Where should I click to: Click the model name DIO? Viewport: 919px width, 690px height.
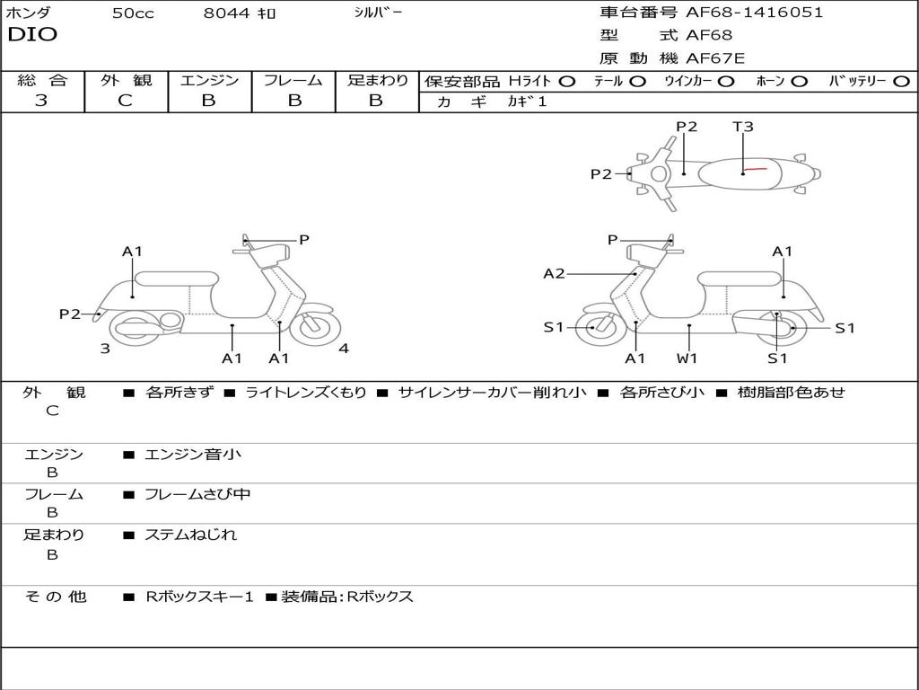32,35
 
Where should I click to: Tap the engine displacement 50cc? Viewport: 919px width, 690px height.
133,13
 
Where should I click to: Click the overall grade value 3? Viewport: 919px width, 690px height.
41,101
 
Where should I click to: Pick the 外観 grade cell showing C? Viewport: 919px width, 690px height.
126,101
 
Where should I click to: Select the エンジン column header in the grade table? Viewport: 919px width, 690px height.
209,80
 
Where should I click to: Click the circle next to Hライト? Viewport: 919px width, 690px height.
567,81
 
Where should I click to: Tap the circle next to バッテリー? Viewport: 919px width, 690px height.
901,81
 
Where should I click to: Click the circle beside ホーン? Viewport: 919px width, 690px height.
799,81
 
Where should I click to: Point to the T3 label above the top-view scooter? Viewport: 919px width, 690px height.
743,127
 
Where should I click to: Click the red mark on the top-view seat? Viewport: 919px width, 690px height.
755,169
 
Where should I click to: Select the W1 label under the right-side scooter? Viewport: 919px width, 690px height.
687,358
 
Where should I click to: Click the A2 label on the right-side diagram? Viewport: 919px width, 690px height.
554,273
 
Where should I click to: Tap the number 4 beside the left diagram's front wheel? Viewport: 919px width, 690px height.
344,349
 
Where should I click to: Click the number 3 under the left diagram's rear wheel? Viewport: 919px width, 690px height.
105,349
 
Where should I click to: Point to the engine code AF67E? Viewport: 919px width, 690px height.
715,59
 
